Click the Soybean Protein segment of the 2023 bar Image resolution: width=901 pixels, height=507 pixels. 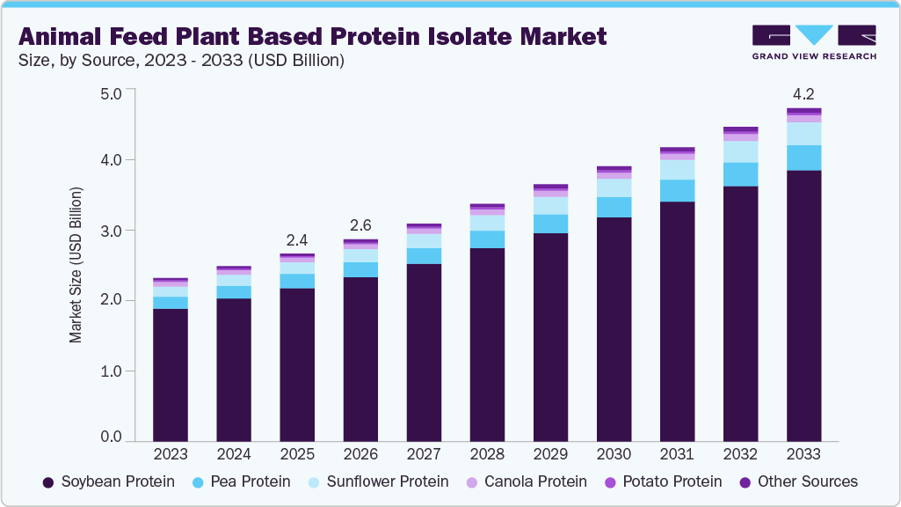point(170,374)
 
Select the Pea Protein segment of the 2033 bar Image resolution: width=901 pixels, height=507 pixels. point(803,158)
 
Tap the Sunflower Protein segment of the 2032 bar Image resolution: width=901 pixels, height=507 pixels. point(740,151)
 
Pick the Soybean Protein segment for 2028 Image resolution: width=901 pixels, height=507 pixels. point(487,344)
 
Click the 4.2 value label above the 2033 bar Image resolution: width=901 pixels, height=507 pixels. point(803,93)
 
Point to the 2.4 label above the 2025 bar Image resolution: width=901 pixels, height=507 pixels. point(296,240)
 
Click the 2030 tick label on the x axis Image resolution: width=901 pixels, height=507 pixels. point(614,454)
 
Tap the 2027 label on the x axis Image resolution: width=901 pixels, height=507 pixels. point(424,454)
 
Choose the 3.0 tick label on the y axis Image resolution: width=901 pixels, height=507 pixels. point(110,231)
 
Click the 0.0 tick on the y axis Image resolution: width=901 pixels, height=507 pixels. point(110,437)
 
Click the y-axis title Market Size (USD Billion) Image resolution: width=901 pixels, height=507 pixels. point(76,265)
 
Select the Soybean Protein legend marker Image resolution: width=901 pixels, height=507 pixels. point(48,481)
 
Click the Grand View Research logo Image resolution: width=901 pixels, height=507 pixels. point(814,41)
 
